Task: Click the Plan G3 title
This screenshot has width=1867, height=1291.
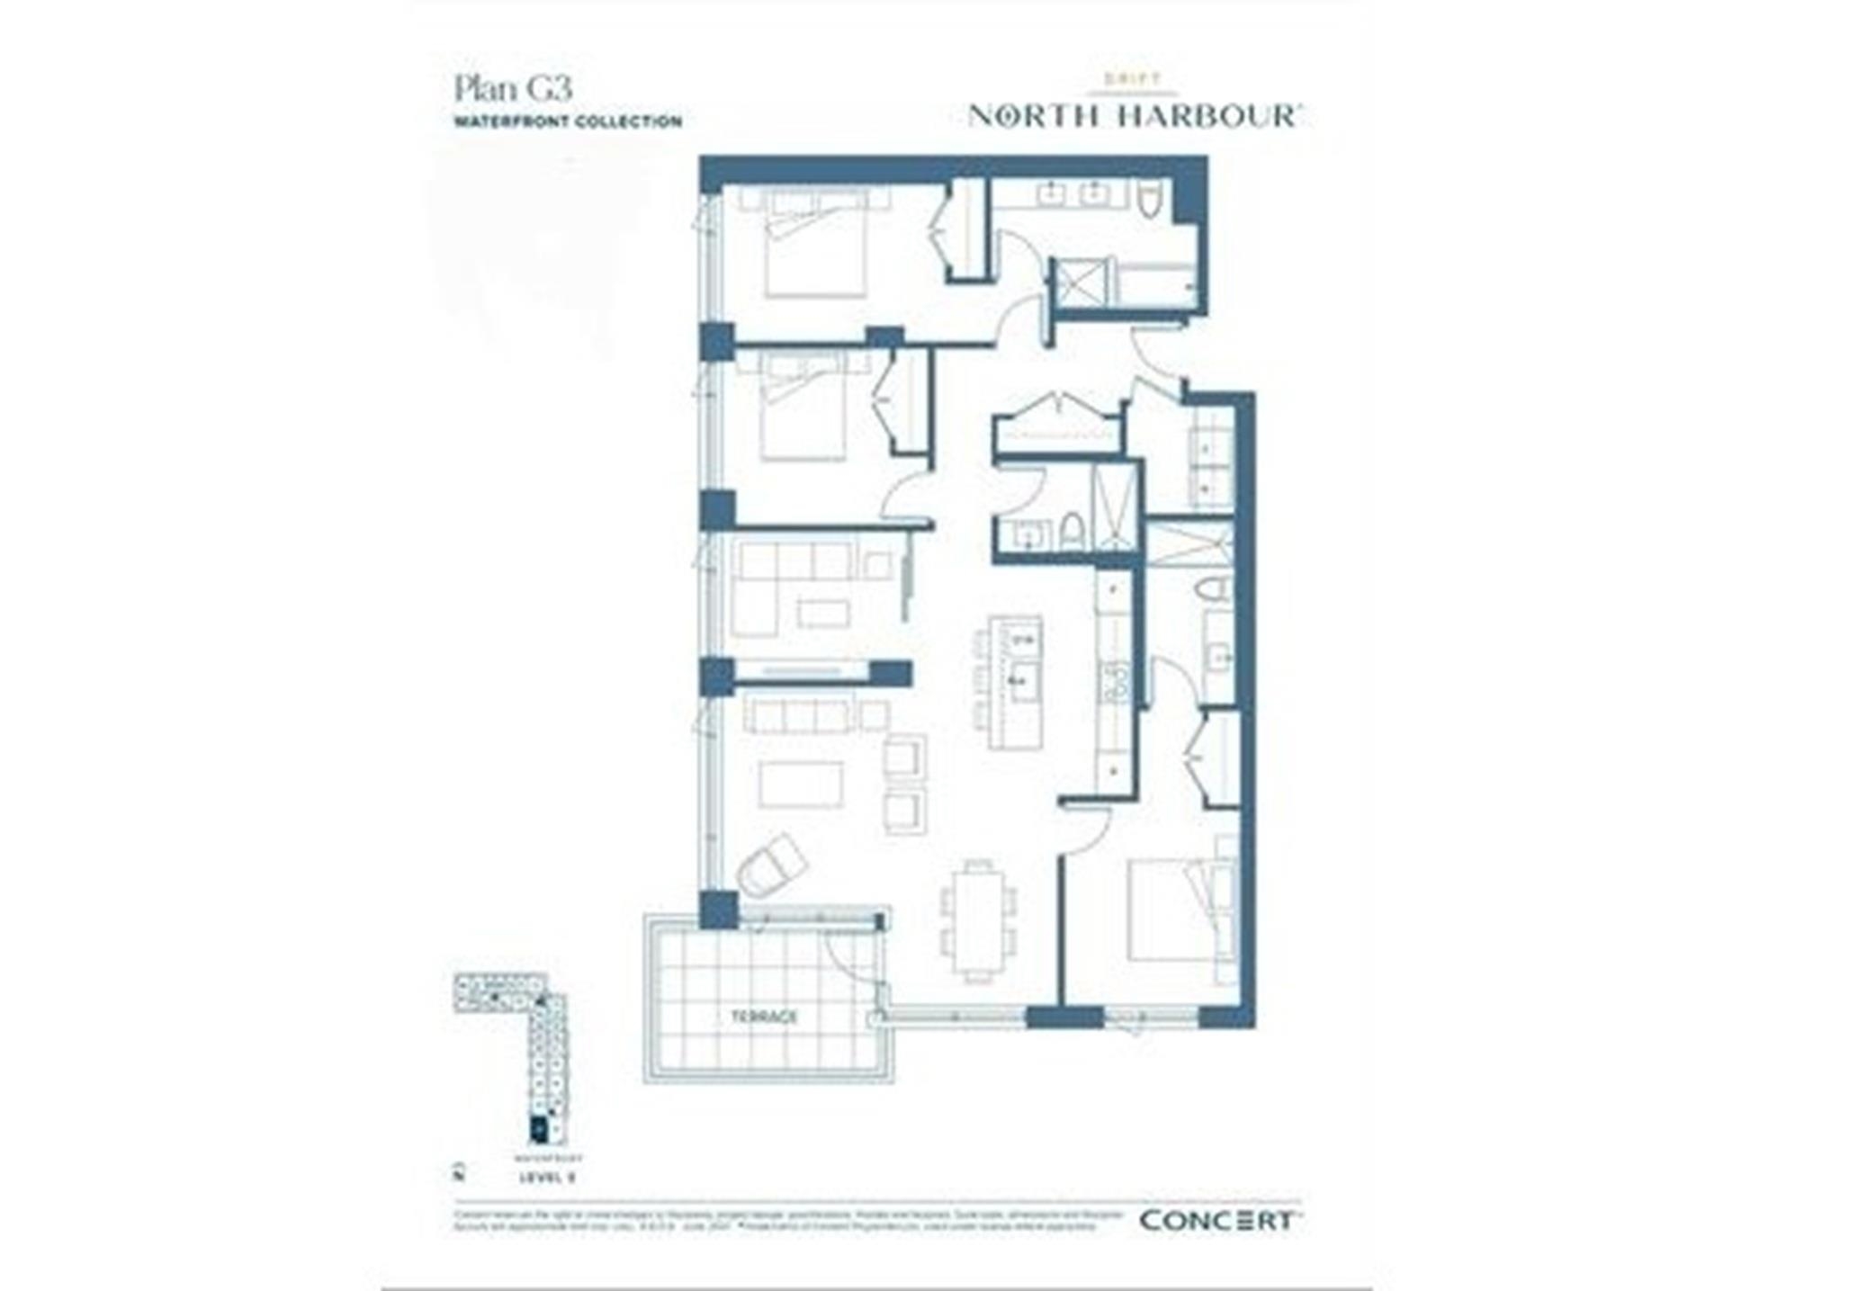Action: point(513,89)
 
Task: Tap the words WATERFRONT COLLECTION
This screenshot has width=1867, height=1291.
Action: point(568,121)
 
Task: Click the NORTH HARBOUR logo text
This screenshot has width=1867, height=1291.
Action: point(1134,116)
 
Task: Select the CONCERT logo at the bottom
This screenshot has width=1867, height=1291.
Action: point(1216,1221)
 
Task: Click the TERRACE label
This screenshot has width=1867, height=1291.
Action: point(764,1018)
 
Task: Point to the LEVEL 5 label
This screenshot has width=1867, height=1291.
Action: point(547,1177)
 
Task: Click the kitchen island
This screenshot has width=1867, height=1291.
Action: point(1015,682)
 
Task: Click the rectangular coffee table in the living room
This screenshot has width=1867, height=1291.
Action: point(801,784)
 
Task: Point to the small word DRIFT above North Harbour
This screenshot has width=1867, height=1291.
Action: point(1133,79)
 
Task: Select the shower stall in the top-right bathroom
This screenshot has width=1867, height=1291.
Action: point(1084,282)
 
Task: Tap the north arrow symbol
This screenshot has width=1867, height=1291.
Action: point(459,1172)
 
